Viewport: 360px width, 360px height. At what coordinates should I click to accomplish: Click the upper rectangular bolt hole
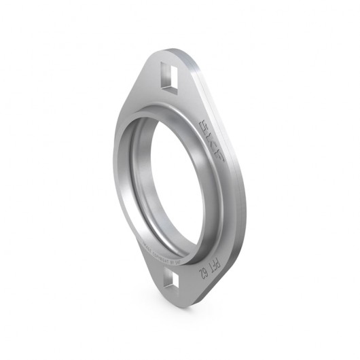point(170,76)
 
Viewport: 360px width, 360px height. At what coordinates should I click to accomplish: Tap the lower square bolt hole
point(173,279)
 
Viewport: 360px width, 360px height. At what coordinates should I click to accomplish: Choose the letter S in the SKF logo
point(204,126)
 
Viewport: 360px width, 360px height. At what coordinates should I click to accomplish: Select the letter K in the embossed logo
point(211,141)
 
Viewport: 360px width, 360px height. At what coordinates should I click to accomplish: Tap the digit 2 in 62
point(202,276)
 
